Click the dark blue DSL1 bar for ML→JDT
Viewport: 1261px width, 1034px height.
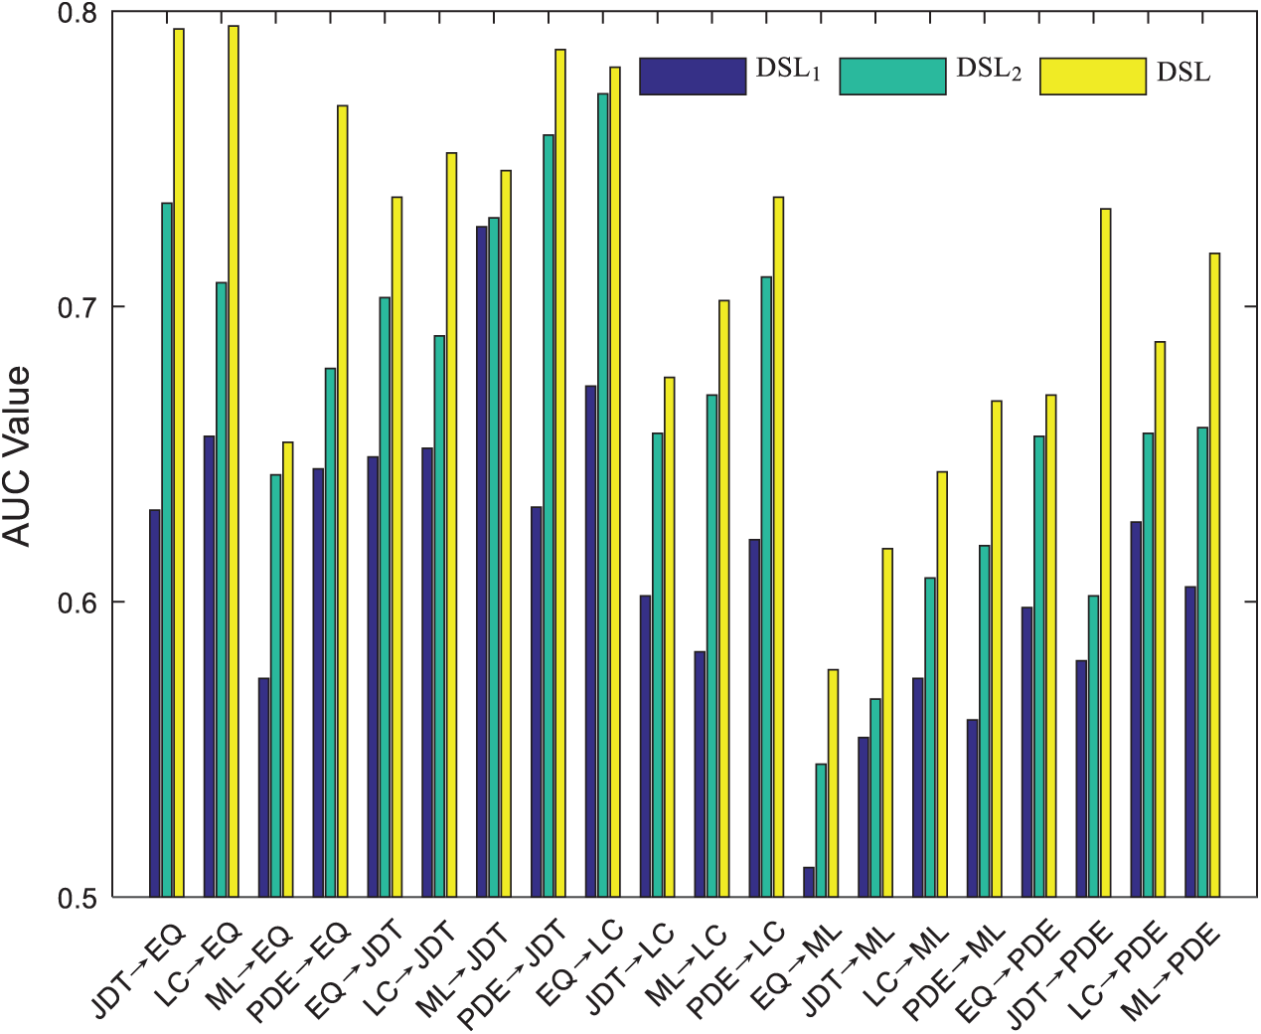pyautogui.click(x=482, y=562)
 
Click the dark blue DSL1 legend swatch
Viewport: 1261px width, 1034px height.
pyautogui.click(x=693, y=76)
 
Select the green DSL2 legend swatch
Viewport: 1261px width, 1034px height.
pyautogui.click(x=892, y=76)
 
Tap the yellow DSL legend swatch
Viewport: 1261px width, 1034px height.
pyautogui.click(x=1092, y=76)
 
